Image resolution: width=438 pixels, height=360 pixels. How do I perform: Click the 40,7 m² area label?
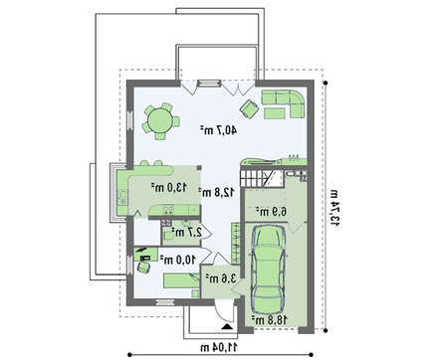click(218, 130)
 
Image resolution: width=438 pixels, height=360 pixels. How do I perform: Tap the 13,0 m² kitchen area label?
click(168, 188)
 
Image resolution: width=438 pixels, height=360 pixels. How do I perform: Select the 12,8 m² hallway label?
click(217, 192)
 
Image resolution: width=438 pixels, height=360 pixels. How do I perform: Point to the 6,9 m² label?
click(271, 211)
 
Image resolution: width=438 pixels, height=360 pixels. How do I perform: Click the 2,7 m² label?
click(186, 232)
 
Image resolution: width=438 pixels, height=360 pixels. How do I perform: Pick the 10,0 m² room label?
click(178, 260)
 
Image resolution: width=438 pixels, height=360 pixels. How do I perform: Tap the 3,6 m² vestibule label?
click(220, 277)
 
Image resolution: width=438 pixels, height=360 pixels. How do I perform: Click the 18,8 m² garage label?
click(269, 320)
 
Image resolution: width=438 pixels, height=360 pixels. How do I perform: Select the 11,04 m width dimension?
click(219, 347)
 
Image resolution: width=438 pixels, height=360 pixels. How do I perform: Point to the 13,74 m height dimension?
click(334, 208)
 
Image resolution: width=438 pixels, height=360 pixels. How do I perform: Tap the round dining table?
click(160, 121)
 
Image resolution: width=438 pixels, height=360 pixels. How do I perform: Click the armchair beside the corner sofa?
click(249, 108)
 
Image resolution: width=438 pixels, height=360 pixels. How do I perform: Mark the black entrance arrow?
click(227, 326)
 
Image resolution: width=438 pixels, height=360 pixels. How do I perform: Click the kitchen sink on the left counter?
click(122, 197)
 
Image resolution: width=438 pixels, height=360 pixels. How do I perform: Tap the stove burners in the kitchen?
click(168, 210)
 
